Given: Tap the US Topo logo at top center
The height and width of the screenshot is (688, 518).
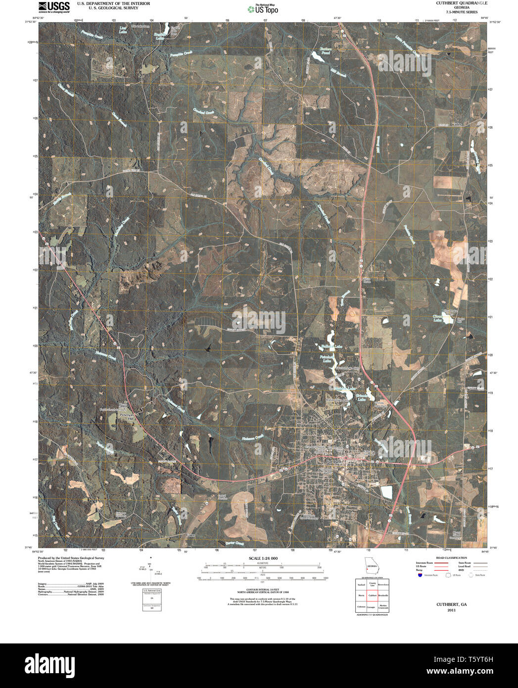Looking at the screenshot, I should click(263, 8).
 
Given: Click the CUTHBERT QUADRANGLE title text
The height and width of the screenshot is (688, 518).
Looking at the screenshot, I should click(454, 3).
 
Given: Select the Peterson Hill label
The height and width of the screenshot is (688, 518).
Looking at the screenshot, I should click(128, 416).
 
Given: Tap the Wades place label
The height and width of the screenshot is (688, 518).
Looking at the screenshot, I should click(455, 124).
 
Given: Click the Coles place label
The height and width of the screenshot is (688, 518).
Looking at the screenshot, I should click(191, 535).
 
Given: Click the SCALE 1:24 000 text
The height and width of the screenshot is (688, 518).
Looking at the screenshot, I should click(263, 558).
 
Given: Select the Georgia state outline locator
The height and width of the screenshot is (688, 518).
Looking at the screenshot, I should click(371, 565).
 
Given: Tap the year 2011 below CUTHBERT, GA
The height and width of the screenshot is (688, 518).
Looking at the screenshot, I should click(451, 610).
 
